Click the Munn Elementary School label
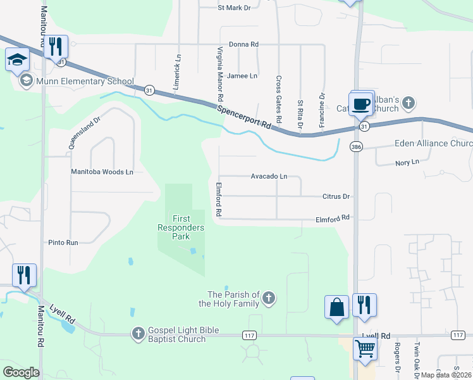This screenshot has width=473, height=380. point(85,81)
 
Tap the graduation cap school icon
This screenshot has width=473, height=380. point(18,60)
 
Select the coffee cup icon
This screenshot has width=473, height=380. point(361,104)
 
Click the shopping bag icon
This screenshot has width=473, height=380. point(337,307)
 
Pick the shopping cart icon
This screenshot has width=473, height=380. point(365,348)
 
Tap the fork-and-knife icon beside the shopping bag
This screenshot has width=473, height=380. point(365,305)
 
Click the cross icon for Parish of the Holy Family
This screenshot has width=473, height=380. point(269,298)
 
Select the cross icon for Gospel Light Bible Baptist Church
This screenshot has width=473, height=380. point(138,333)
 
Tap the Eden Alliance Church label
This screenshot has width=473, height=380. point(433,144)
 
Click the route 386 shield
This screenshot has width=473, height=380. point(356,147)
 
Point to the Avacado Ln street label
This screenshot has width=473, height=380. point(269,176)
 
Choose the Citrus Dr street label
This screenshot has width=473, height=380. point(336,196)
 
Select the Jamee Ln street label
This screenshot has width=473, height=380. point(242,76)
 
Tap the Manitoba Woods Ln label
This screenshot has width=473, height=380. point(102,172)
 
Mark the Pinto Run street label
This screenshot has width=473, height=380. point(63,243)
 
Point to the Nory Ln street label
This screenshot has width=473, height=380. point(407,162)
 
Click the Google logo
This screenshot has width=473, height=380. point(21,372)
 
